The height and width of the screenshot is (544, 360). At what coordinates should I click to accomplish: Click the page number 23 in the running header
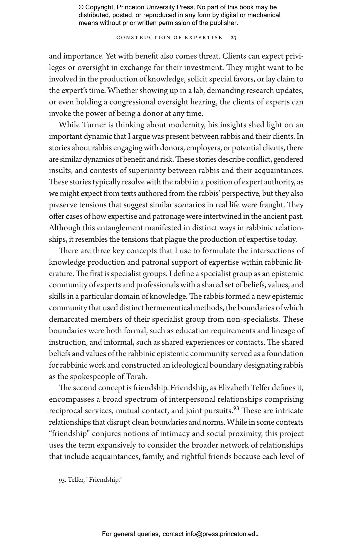pos(234,38)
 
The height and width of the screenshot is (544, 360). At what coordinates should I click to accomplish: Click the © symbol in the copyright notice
pos(81,7)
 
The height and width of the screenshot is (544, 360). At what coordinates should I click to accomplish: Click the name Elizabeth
pos(233,388)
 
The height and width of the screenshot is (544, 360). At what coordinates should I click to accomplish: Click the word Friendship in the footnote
pos(104,480)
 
